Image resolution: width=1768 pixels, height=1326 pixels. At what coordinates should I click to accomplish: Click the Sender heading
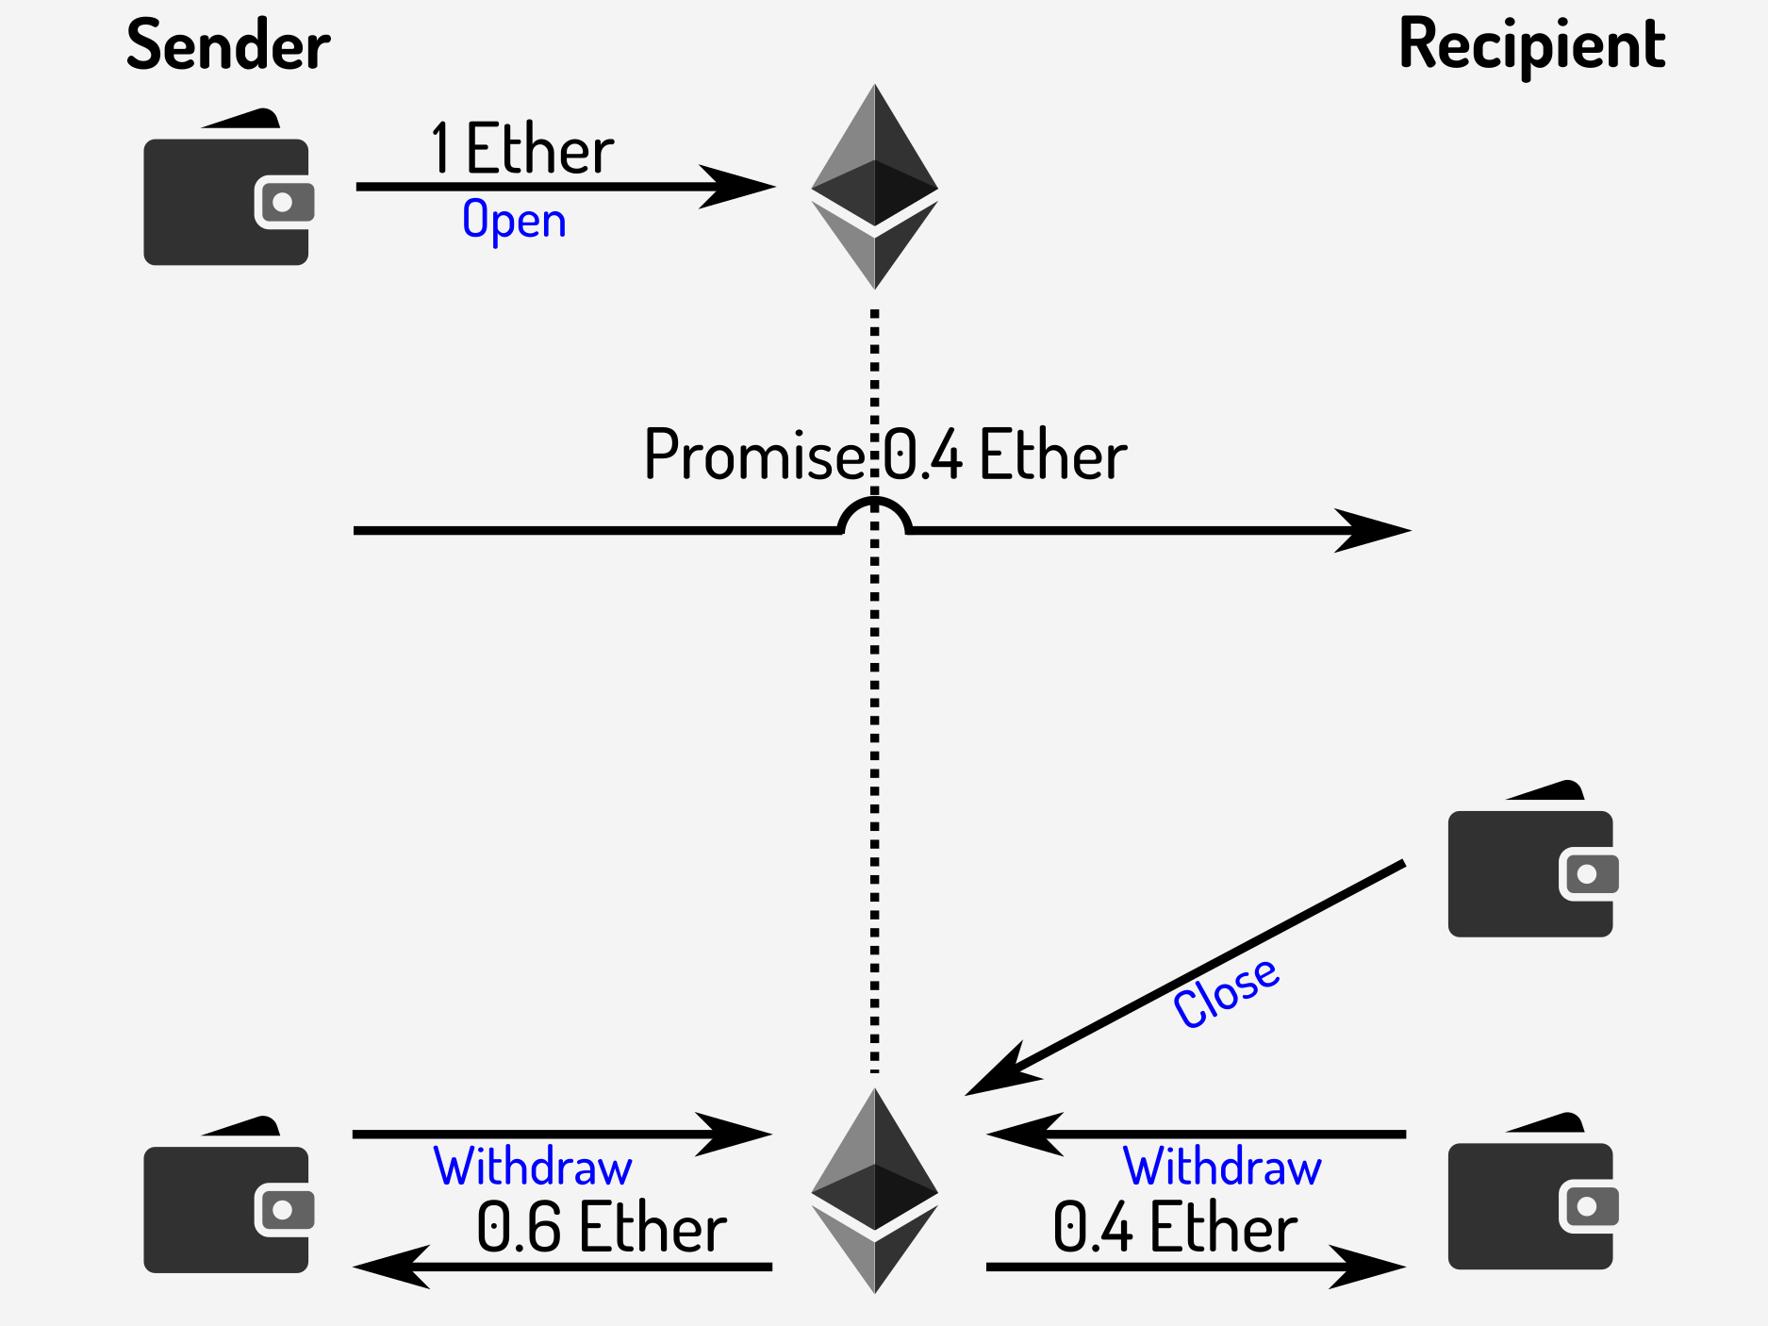point(228,45)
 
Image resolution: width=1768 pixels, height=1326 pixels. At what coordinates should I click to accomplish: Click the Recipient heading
point(1531,45)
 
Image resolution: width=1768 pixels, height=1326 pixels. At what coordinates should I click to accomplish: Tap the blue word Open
point(514,221)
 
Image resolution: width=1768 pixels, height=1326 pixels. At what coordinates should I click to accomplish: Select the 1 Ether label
point(521,149)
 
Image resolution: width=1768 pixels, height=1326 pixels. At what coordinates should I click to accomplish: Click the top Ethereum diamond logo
point(874,187)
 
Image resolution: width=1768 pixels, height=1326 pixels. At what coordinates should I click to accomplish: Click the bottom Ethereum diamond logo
point(874,1190)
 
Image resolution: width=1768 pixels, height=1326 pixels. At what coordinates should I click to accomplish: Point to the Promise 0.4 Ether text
point(884,455)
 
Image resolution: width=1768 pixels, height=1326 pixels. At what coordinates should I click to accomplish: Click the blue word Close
point(1226,992)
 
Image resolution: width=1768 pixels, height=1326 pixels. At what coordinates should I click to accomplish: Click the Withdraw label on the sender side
point(533,1168)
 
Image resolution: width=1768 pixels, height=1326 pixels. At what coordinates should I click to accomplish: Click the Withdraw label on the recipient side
point(1222,1168)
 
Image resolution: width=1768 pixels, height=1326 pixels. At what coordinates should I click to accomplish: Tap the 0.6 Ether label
point(602,1228)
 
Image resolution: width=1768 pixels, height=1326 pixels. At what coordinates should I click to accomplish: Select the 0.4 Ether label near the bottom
point(1175,1228)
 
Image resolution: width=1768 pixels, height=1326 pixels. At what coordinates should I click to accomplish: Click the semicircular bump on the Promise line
point(874,514)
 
